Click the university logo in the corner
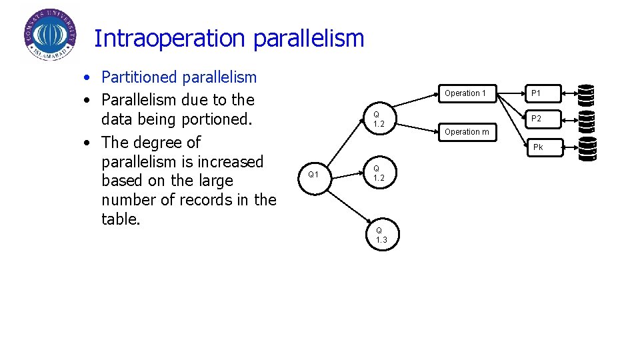(49, 35)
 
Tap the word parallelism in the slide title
(309, 39)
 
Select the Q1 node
(313, 175)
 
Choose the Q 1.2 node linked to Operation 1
(379, 119)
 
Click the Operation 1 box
(465, 93)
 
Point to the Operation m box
(467, 132)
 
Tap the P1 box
(536, 93)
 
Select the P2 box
(536, 119)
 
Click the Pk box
(538, 147)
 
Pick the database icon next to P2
(586, 121)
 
